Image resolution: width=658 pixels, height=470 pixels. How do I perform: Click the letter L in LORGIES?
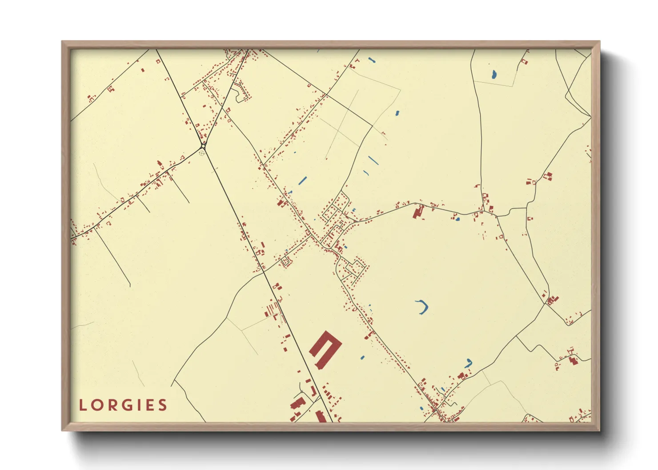tap(83, 405)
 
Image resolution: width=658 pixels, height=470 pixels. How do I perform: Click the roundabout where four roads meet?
tap(203, 146)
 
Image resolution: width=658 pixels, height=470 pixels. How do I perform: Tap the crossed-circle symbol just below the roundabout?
tap(202, 153)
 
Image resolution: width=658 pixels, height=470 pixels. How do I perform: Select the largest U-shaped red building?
tap(325, 349)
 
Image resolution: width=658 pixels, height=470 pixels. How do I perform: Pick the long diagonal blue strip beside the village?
tap(303, 180)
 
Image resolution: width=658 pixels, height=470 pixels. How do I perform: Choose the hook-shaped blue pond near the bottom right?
tap(469, 363)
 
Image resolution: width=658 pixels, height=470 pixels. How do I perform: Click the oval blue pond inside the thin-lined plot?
tap(494, 74)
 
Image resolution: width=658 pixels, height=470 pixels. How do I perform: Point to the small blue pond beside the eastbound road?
tap(457, 219)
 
